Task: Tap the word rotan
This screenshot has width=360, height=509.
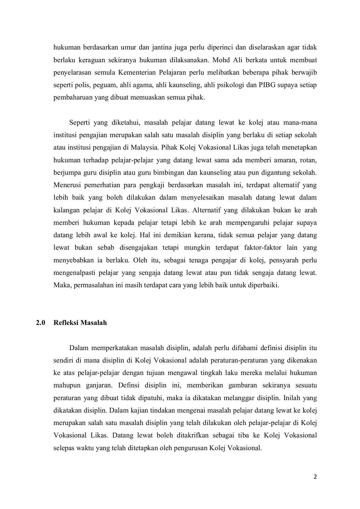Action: pyautogui.click(x=309, y=160)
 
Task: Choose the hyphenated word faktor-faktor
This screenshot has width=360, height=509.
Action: pyautogui.click(x=262, y=248)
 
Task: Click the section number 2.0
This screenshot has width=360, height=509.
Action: pyautogui.click(x=41, y=323)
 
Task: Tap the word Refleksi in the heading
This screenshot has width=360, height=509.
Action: pyautogui.click(x=66, y=323)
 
